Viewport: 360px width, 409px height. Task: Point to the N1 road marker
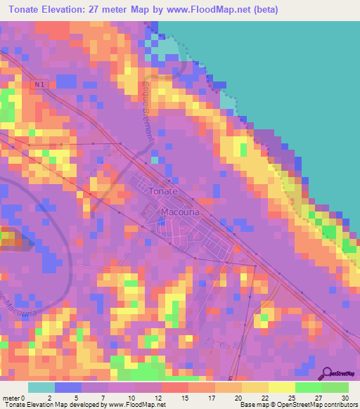click(x=39, y=84)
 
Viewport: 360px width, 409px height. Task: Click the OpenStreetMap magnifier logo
click(x=327, y=374)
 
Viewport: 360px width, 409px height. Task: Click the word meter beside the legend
click(x=11, y=398)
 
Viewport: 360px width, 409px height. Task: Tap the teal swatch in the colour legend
click(x=41, y=387)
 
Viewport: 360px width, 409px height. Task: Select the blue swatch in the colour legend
click(x=68, y=387)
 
